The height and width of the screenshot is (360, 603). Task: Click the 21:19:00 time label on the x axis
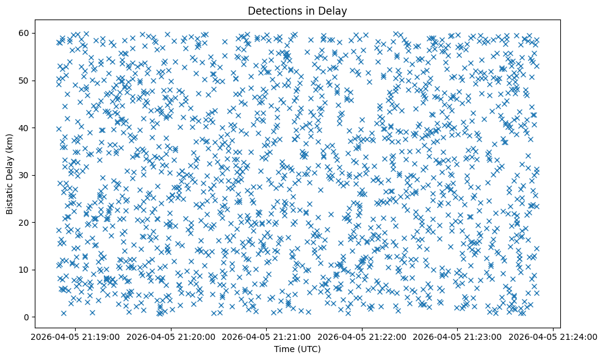pos(76,336)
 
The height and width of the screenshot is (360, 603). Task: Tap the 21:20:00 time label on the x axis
pos(171,336)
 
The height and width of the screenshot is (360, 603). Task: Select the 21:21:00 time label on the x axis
pos(266,336)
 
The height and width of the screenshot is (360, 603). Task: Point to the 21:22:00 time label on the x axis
pos(361,336)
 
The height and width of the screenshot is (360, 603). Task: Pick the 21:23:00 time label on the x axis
pos(457,336)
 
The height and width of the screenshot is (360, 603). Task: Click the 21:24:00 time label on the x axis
pos(551,336)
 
